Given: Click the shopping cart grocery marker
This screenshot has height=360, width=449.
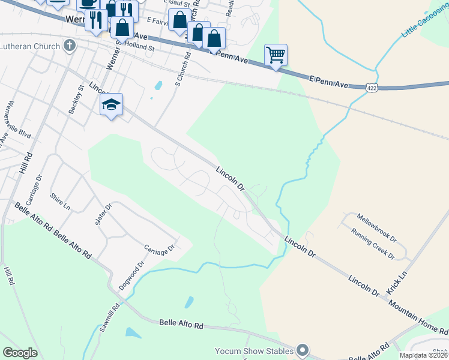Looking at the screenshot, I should coord(276,55).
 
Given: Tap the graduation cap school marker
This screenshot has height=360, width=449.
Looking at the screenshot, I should coord(111,105).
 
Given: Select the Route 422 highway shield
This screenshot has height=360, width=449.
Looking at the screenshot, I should coord(372,88).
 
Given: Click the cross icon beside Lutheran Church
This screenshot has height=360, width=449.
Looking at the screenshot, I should coord(70,46).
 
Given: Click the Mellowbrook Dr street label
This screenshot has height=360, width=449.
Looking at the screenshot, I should coord(376,226).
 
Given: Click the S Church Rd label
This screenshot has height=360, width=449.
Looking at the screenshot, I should coord(183,68).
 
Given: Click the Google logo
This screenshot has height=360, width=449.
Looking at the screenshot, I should coord(20,353).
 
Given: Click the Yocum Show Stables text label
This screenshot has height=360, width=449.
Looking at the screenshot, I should coord(255,350).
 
